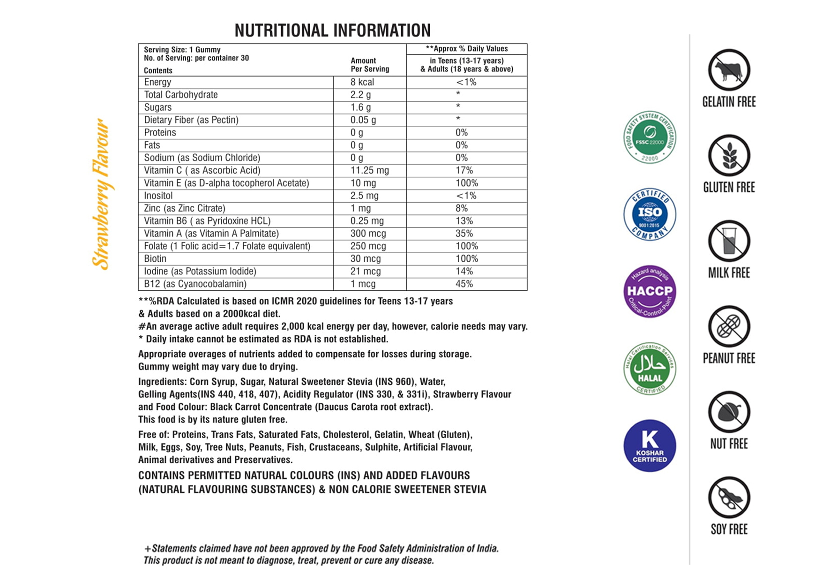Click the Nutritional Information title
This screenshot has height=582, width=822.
coord(332,30)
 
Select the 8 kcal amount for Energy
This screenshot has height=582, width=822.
coord(362,82)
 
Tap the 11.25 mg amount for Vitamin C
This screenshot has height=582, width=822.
coord(369,170)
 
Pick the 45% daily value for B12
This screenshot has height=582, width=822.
coord(464,284)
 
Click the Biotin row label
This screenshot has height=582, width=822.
coord(155,258)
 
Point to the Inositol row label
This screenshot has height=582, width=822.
coord(158,196)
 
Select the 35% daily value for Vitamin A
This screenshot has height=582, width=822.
coord(464,234)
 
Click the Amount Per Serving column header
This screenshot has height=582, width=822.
coord(370,65)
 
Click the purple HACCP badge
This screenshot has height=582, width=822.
coord(650,291)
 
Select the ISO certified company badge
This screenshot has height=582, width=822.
coord(650,214)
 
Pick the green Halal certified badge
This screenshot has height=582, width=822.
coord(650,368)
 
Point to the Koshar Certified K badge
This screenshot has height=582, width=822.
coord(650,446)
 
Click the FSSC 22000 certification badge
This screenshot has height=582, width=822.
coord(650,137)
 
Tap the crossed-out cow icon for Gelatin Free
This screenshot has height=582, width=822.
coord(729,70)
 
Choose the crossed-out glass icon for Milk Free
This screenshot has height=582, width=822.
coord(729,241)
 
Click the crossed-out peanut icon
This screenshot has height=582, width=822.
coord(729,326)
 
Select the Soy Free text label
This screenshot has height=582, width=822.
coord(729,529)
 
